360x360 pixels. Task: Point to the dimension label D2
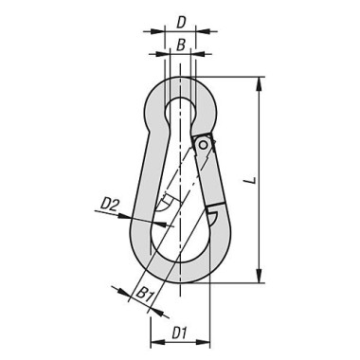point(111,204)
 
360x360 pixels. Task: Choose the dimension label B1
point(144,295)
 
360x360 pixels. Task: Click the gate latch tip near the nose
point(215,203)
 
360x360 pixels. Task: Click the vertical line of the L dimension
point(258,180)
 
